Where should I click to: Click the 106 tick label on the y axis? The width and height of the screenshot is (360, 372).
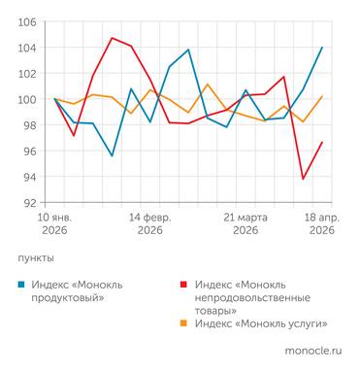(28, 21)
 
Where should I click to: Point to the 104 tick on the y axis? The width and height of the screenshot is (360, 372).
(28, 48)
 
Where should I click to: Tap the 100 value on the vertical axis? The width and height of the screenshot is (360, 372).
(28, 99)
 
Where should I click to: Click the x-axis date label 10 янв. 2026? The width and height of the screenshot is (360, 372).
(55, 224)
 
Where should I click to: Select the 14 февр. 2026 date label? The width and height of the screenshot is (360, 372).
(149, 224)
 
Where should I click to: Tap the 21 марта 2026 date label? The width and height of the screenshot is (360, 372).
(245, 224)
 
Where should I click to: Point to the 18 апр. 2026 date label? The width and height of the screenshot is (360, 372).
(321, 224)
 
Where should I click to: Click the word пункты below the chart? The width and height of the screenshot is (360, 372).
(36, 258)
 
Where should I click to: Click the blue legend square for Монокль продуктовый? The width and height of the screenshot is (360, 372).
(22, 285)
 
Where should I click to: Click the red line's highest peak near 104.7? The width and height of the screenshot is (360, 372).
(113, 38)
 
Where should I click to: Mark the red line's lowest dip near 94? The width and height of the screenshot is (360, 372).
(304, 179)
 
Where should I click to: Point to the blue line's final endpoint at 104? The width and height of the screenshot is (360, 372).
(322, 48)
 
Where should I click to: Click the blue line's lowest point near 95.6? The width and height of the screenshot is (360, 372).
(113, 155)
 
